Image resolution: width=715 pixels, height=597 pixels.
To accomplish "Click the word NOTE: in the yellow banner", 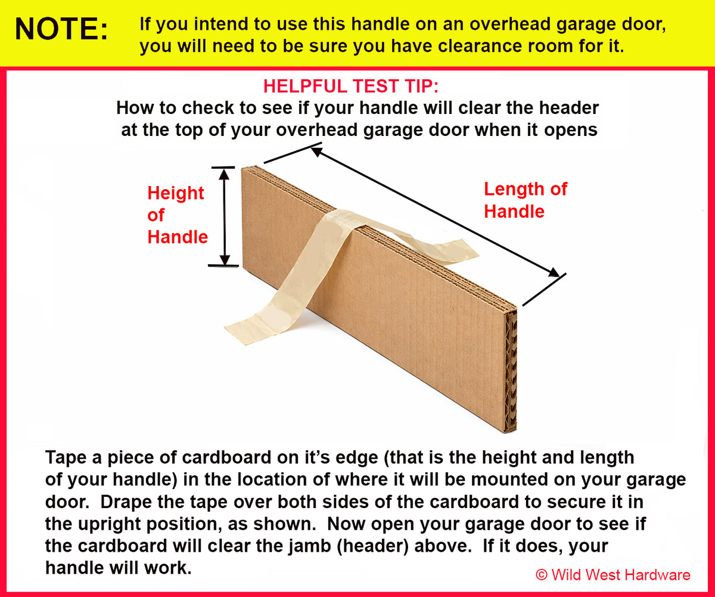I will [x=62, y=29].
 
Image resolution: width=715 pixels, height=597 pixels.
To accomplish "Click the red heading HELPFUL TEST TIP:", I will [x=350, y=86].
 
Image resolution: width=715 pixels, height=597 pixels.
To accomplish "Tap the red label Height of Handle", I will [x=176, y=215].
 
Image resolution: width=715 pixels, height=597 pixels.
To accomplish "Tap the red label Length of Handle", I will [x=524, y=200].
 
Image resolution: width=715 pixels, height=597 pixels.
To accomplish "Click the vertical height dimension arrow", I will [x=225, y=216].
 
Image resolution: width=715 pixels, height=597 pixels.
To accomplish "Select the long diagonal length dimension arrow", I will [x=435, y=212].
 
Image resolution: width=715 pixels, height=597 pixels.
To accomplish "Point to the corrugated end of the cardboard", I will [x=511, y=370].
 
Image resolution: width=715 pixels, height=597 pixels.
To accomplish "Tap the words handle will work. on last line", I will [x=119, y=568].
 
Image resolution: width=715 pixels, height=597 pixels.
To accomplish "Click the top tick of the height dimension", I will [x=223, y=168].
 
